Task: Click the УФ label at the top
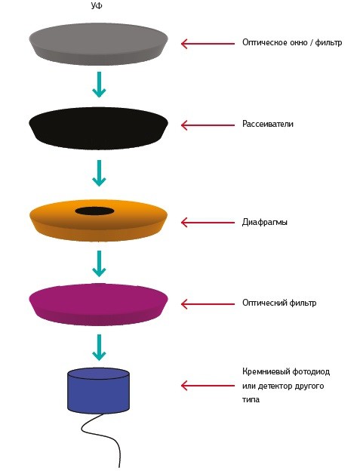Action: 97,5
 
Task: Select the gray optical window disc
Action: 98,44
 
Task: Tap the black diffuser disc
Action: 98,128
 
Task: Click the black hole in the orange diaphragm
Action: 94,211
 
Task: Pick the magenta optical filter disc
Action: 98,304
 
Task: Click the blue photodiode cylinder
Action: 98,390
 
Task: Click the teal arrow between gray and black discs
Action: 99,85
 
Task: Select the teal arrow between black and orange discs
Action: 99,173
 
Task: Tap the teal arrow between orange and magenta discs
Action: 99,263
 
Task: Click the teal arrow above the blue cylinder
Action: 99,347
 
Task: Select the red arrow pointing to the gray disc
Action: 208,44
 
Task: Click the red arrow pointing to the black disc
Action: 208,125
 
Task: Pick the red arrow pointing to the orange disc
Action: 208,223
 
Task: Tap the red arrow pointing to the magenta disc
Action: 208,304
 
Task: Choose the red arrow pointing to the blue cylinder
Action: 208,386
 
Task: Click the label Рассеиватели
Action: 268,124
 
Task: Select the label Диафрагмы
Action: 265,223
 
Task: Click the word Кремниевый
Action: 266,372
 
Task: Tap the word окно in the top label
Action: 299,43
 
